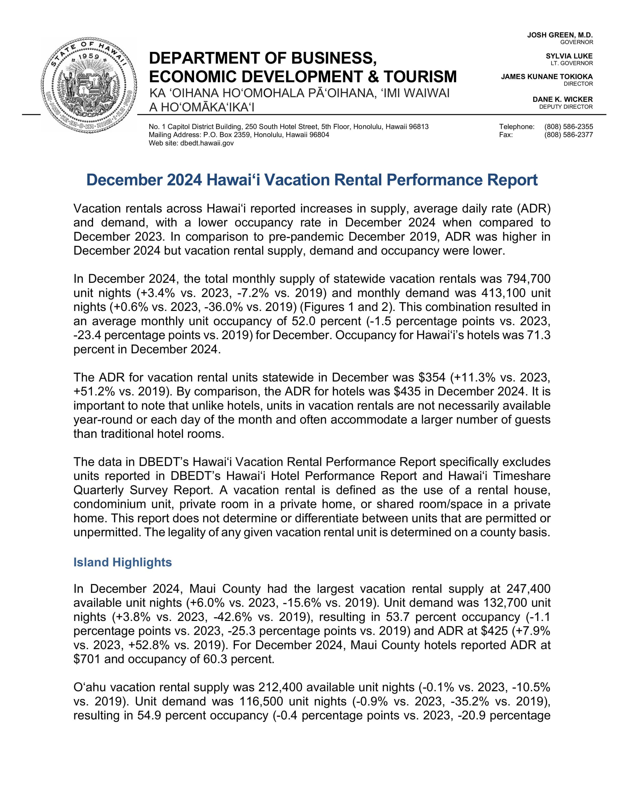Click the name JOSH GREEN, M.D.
click(x=560, y=35)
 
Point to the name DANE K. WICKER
click(x=562, y=100)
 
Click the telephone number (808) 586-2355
click(x=568, y=127)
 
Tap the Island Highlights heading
click(x=122, y=562)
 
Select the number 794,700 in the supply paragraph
click(x=528, y=278)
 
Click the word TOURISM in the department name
click(x=420, y=76)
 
